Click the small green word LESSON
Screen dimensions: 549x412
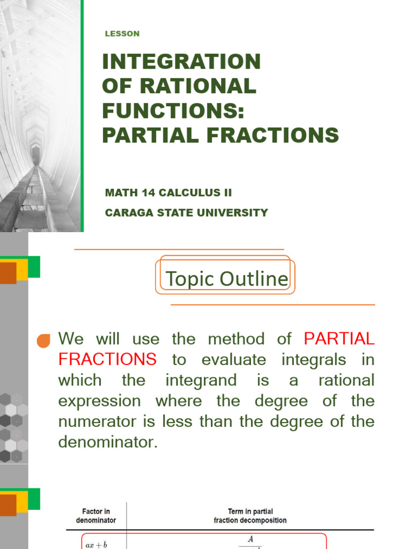(x=122, y=34)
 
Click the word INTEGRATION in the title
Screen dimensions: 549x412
(x=181, y=62)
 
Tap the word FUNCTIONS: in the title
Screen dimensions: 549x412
(x=173, y=111)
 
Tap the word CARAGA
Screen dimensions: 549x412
(x=127, y=212)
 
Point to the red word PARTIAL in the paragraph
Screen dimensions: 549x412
(x=339, y=339)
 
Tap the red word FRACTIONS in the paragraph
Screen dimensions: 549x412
(x=107, y=359)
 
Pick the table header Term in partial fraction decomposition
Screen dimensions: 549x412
(x=250, y=516)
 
